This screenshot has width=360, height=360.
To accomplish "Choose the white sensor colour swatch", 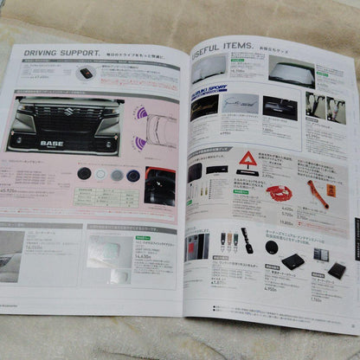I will point(100,173).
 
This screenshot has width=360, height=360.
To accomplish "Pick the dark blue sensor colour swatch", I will point(132,175).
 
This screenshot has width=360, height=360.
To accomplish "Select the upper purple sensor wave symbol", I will point(138,113).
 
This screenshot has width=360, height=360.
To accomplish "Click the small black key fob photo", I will point(86,74).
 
